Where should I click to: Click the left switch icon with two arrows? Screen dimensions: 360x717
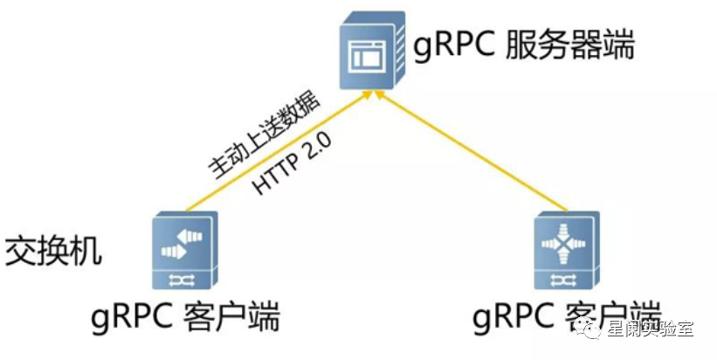(183, 250)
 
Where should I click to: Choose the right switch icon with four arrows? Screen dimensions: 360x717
(566, 250)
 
